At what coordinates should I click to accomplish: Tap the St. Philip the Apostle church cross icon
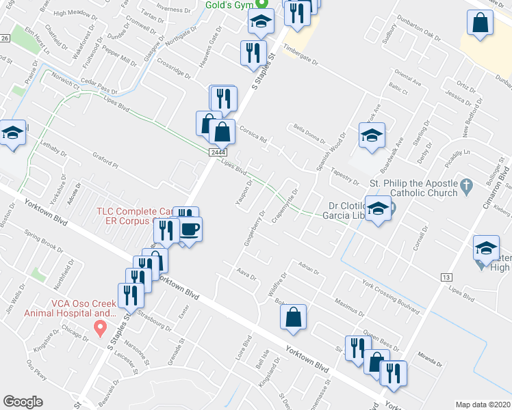(465, 184)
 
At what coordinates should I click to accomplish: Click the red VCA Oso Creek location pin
(100, 329)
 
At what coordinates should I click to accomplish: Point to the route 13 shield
(446, 276)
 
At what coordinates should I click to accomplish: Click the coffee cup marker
(190, 230)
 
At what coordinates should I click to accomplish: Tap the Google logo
(23, 401)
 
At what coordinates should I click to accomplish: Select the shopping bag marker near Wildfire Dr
(293, 317)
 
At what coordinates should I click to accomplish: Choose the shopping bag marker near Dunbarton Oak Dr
(481, 23)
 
